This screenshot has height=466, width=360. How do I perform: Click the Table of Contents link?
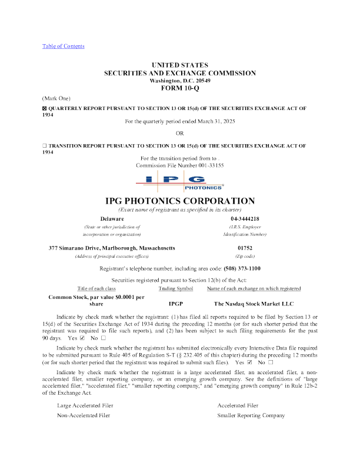click(63, 46)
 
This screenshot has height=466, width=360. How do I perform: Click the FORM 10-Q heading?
click(180, 88)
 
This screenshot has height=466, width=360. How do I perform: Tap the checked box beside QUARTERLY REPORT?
click(44, 109)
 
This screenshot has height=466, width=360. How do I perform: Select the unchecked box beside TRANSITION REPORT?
click(44, 145)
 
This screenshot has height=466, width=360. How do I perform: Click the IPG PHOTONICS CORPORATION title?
click(180, 201)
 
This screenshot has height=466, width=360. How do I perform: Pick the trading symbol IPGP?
click(176, 304)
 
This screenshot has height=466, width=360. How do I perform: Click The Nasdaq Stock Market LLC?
click(254, 304)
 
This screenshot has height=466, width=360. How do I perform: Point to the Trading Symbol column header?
click(176, 289)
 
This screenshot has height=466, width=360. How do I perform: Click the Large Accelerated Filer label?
click(84, 405)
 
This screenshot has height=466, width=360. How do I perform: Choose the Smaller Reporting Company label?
click(251, 415)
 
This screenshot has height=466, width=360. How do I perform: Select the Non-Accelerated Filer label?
click(84, 415)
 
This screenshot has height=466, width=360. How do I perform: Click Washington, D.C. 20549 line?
click(180, 80)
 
